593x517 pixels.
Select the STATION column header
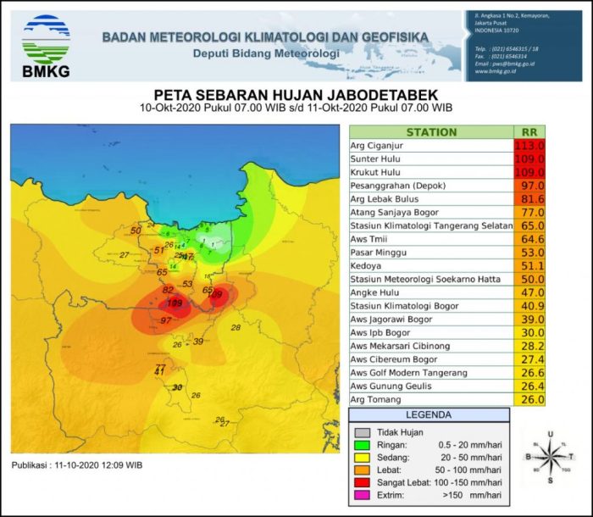pos(431,132)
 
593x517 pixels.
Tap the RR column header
pos(529,132)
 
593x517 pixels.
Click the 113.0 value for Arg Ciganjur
pos(529,145)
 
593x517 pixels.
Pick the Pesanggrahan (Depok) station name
pos(398,185)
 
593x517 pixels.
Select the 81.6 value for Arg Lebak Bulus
pos(529,198)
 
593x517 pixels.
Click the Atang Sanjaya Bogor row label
pos(395,212)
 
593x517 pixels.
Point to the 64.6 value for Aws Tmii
pos(529,239)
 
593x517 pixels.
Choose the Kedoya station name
pos(366,265)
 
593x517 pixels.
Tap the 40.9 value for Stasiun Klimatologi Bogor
pos(529,306)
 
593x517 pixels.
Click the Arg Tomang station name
pos(374,400)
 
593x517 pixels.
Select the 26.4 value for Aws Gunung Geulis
pos(529,386)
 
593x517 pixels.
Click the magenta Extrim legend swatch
pos(363,494)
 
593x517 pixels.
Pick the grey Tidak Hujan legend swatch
pos(363,431)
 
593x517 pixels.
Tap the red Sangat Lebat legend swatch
pos(363,481)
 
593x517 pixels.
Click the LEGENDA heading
pos(430,415)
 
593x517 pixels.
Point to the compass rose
pos(550,456)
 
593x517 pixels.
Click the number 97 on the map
pos(166,320)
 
